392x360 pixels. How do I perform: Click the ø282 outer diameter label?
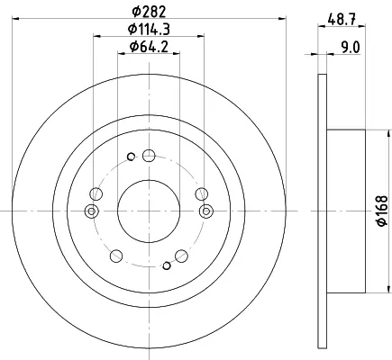tap(149, 12)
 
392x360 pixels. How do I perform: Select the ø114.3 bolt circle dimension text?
tap(149, 29)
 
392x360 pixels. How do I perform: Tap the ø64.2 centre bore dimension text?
tap(149, 47)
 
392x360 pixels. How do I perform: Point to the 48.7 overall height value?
tap(342, 21)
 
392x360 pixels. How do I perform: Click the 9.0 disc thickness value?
tap(351, 48)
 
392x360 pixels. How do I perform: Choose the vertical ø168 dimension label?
tap(382, 211)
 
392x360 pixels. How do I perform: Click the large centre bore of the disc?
tap(149, 211)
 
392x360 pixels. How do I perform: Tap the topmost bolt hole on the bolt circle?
tap(149, 156)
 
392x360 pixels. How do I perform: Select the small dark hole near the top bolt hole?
tap(131, 157)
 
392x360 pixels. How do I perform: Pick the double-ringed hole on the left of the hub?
tap(92, 211)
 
